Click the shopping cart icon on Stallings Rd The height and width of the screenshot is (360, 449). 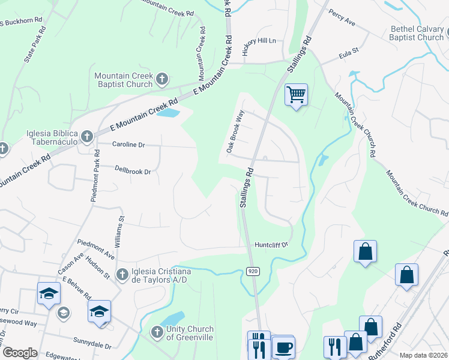pos(296,95)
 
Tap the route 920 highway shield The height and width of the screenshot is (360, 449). pos(253,272)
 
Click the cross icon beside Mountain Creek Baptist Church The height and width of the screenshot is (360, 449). pos(161,79)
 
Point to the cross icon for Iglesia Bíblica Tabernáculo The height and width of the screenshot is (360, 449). pos(86,137)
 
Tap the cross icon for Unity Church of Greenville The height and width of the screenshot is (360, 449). pos(157,332)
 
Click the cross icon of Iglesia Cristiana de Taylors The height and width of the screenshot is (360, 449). pos(122,274)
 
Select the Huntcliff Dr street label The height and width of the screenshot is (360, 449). pos(271,245)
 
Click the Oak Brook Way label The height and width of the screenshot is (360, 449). pos(235,130)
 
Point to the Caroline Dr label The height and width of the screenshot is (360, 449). pos(128,145)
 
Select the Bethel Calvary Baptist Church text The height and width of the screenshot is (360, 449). pos(417,33)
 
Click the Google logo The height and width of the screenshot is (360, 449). pos(20,353)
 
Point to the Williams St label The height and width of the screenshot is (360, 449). pos(122,228)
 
